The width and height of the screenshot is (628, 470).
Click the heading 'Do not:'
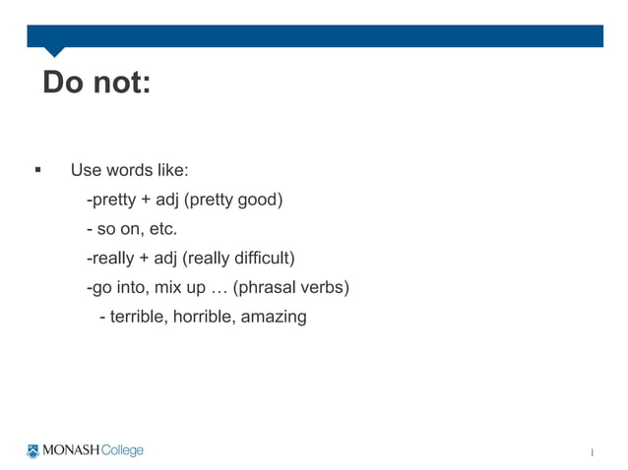click(x=96, y=84)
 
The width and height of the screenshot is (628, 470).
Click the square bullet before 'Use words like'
click(x=37, y=170)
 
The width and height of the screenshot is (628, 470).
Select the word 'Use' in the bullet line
click(x=86, y=170)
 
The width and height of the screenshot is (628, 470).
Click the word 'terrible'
click(x=138, y=317)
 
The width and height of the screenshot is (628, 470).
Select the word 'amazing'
click(x=274, y=317)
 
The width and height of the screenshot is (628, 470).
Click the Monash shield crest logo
click(x=33, y=451)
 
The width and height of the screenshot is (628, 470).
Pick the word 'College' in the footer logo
click(x=122, y=451)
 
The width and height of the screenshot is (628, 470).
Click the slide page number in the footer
click(x=592, y=453)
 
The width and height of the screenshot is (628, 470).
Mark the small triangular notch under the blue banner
click(x=55, y=52)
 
